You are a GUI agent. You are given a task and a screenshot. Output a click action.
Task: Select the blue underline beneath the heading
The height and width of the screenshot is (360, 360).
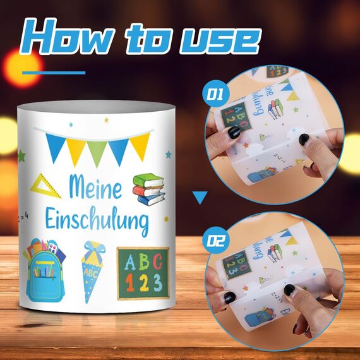click(53, 73)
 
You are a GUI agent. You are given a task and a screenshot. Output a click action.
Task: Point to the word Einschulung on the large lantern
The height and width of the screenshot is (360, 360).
click(108, 222)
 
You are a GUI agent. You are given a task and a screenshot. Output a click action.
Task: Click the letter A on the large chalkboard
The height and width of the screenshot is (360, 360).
click(128, 260)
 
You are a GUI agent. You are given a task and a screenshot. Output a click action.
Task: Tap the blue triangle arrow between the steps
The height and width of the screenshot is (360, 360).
click(200, 198)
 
